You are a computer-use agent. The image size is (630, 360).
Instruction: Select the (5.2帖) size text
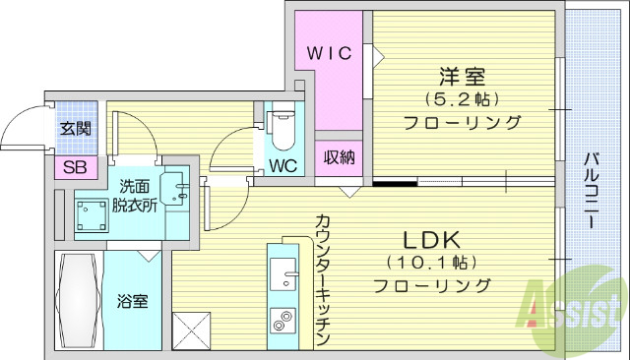click(x=461, y=99)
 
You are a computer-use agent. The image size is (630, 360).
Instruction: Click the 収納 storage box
click(x=335, y=157)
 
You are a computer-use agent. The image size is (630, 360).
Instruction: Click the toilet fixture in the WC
click(x=282, y=125)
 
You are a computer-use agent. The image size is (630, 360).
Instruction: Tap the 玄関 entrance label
click(x=75, y=128)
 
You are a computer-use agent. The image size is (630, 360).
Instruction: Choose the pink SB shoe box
click(x=75, y=166)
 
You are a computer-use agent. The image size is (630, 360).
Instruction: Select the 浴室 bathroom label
click(x=134, y=301)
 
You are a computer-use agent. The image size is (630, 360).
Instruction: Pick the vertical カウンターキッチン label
click(x=321, y=279)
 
